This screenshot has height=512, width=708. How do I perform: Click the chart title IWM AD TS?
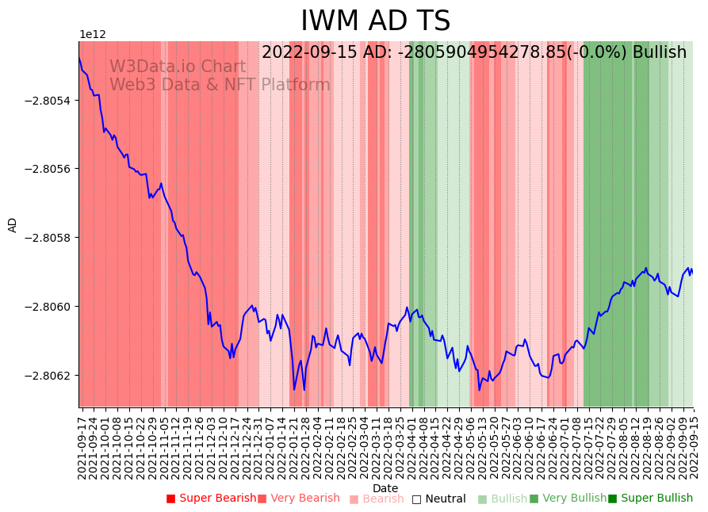(x=375, y=21)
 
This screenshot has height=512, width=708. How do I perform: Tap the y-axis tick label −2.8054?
(x=48, y=101)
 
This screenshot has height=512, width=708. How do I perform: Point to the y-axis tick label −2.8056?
(x=48, y=170)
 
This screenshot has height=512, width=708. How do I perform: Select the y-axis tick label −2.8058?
(x=48, y=238)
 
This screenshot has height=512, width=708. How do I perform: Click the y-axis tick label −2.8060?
(x=48, y=307)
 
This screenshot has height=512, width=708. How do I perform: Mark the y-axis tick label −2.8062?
(x=48, y=376)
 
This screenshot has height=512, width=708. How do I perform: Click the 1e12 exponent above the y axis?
(x=93, y=35)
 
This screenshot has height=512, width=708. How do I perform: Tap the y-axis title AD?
(x=13, y=224)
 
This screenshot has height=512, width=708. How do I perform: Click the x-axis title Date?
(x=385, y=488)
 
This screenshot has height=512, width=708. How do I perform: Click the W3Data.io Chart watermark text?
(x=178, y=67)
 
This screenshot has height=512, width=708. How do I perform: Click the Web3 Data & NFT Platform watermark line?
(x=220, y=86)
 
